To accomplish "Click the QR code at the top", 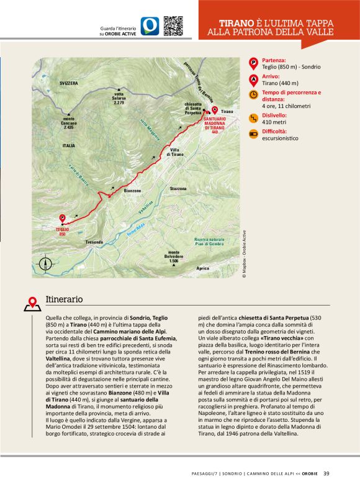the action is click(173, 25).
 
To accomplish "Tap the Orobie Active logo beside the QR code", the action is click(150, 25).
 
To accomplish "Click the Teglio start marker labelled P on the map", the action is click(61, 219).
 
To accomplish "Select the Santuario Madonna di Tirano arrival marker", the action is click(215, 110).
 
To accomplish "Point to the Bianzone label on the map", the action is click(133, 191).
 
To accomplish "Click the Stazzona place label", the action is click(178, 188).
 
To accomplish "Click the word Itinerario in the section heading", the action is click(64, 299).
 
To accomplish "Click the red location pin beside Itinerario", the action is click(32, 303).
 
